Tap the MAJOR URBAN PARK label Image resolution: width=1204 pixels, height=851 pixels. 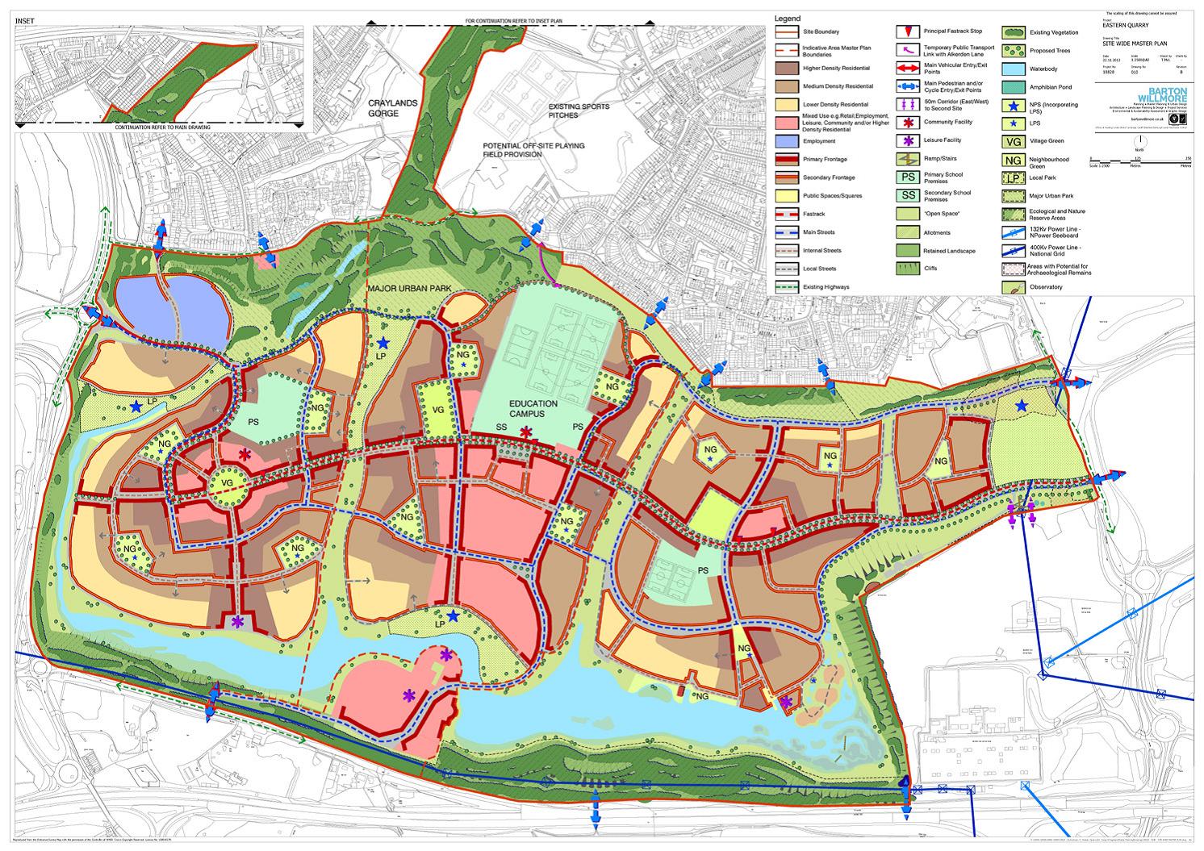point(408,290)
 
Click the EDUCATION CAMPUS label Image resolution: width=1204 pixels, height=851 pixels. point(533,408)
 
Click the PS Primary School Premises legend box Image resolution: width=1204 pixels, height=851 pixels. point(908,177)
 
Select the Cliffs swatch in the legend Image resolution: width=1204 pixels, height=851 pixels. point(908,269)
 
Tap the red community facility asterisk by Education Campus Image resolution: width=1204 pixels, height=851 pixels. point(527,435)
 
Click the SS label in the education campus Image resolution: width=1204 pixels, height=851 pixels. point(500,427)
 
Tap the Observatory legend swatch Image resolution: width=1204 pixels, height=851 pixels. point(1014,286)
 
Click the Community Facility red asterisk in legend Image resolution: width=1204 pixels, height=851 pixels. point(908,123)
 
